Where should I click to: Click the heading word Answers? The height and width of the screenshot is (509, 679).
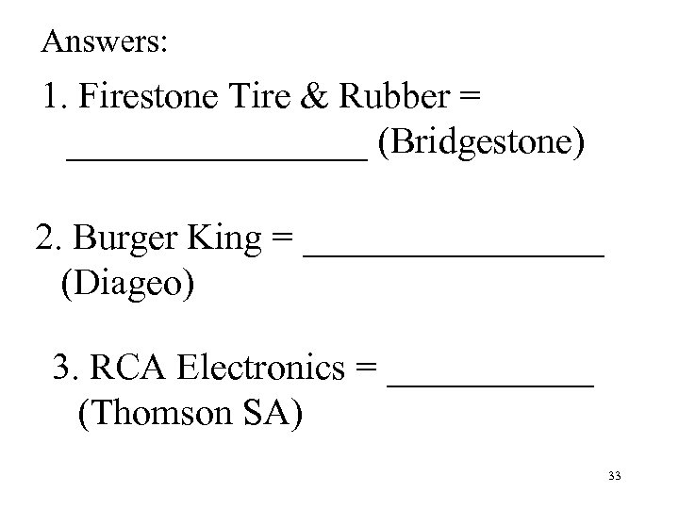(x=105, y=41)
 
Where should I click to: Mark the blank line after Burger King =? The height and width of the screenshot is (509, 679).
(x=455, y=254)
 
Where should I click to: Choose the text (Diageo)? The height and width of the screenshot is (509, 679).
(x=128, y=283)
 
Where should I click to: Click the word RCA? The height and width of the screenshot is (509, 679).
(x=119, y=369)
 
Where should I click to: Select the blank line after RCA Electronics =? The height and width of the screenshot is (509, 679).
(x=491, y=383)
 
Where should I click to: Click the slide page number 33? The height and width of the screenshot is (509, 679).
(x=615, y=478)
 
